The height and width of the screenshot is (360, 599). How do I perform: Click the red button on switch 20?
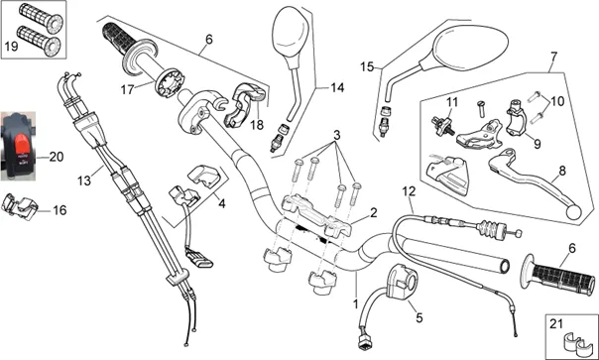click(22, 146)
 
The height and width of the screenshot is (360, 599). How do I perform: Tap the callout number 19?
click(11, 47)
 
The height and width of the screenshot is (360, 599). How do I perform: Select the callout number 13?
click(84, 180)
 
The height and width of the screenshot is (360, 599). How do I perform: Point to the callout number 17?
click(127, 90)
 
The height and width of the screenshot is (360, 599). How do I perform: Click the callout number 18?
click(257, 125)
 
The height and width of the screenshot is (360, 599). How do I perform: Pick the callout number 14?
click(337, 88)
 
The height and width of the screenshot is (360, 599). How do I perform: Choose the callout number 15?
click(367, 66)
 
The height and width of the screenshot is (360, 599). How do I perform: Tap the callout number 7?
click(554, 57)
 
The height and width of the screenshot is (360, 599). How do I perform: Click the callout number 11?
click(452, 102)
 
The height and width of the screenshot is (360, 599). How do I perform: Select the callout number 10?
click(557, 101)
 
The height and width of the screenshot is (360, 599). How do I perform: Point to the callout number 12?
click(409, 190)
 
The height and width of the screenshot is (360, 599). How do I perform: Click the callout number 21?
click(556, 324)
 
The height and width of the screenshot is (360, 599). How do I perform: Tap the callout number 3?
click(336, 135)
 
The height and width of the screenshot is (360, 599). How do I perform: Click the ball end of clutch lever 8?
click(574, 212)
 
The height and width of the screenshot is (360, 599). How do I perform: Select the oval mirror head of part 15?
click(471, 50)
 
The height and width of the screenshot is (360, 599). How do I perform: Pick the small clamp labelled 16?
click(20, 206)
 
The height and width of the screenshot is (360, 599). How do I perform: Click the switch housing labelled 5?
click(402, 282)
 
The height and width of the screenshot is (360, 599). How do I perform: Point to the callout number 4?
click(221, 203)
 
